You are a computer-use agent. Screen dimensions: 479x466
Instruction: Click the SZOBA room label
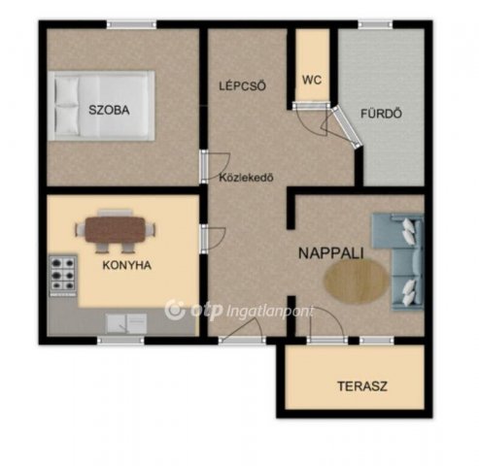coord(109,110)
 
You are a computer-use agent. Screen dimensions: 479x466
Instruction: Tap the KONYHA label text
coord(127,265)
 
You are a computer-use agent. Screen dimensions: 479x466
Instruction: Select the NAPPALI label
coord(331,253)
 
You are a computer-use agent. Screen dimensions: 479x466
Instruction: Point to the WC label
coord(312,80)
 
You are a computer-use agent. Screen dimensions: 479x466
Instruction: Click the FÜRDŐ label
coord(382,114)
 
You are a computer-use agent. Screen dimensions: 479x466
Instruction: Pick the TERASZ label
coord(362,386)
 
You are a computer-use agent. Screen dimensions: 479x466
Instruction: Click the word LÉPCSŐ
coord(243,85)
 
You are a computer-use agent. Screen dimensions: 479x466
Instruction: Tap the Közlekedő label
coord(247,178)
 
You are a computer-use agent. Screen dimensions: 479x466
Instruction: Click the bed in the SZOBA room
coord(101,106)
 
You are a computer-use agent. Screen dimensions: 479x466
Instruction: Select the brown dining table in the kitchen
coord(116,229)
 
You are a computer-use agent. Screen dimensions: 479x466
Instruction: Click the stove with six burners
coord(63,275)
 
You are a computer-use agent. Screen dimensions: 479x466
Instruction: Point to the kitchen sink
coord(126,323)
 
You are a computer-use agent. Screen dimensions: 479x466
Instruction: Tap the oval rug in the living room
coord(357,281)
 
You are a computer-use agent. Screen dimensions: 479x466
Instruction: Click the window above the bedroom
coord(131,24)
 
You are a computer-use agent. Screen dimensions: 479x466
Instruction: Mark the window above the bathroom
coord(375,24)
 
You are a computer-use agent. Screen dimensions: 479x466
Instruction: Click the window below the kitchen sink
coord(120,340)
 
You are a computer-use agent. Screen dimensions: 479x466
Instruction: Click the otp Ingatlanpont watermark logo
coord(239,310)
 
